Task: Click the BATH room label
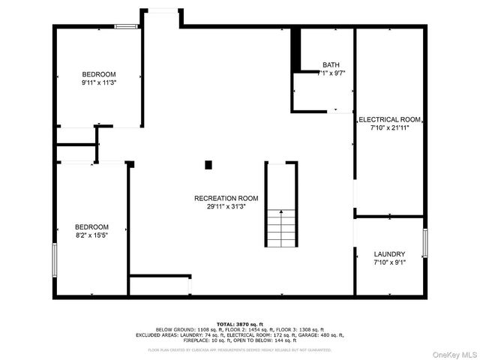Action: [x=331, y=64]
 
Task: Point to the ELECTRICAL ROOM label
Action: [x=389, y=119]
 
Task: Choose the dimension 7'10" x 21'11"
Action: [x=389, y=128]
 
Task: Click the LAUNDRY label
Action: [x=389, y=254]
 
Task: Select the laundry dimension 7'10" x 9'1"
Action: [x=389, y=263]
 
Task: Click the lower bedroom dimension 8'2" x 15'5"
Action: [x=91, y=235]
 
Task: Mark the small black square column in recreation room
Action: [x=208, y=164]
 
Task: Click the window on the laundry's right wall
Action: [x=424, y=244]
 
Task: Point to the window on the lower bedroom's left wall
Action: [x=54, y=260]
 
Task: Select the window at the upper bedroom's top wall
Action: [x=126, y=27]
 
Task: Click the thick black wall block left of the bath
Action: [x=295, y=49]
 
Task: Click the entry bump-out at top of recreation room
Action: [x=162, y=18]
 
